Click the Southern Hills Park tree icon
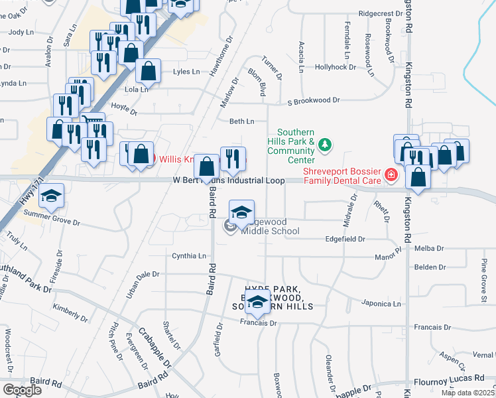[325, 144]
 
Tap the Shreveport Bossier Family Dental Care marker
[391, 174]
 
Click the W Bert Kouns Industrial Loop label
[229, 180]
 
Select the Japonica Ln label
[382, 304]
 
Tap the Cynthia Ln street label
[189, 255]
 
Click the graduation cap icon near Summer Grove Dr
[50, 196]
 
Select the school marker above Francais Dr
[257, 302]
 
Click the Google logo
[21, 390]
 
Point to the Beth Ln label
[241, 121]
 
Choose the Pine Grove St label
[484, 275]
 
